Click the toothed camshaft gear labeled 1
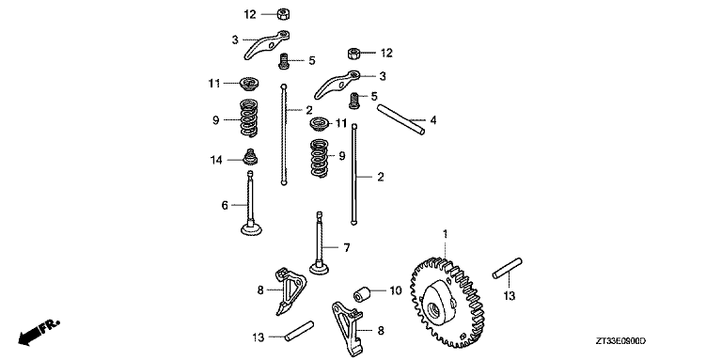(447, 303)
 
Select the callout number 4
(432, 120)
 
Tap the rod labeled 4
(400, 120)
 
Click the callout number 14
(216, 160)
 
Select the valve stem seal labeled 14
(250, 157)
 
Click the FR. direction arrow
(39, 333)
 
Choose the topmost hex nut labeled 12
(283, 14)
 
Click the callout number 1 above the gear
(445, 234)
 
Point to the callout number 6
(225, 205)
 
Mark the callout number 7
(347, 248)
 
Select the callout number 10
(396, 290)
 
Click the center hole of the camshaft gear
(433, 311)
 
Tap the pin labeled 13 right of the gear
(507, 268)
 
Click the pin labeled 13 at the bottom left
(299, 332)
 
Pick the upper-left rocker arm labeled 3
(266, 44)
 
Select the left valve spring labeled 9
(249, 118)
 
